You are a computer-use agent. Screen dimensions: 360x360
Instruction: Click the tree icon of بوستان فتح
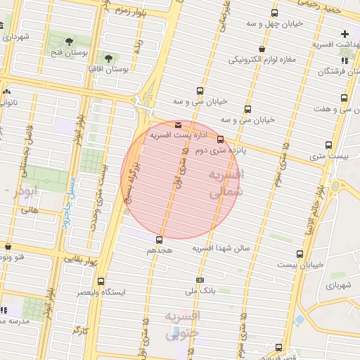(68, 42)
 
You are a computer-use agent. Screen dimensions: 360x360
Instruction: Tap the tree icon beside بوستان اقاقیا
(108, 58)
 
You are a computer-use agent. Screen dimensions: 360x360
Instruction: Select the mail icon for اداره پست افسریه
(177, 124)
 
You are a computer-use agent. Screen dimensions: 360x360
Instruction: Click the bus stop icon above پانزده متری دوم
(221, 139)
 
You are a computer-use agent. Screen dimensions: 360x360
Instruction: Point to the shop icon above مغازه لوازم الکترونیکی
(262, 49)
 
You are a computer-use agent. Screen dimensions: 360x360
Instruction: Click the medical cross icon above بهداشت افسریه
(345, 33)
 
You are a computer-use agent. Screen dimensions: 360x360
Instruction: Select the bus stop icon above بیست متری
(328, 145)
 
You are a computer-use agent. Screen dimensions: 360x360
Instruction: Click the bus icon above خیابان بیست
(300, 254)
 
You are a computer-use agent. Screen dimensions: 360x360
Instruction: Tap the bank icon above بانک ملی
(200, 280)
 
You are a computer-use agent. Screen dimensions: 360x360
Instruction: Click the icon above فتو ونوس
(8, 247)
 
